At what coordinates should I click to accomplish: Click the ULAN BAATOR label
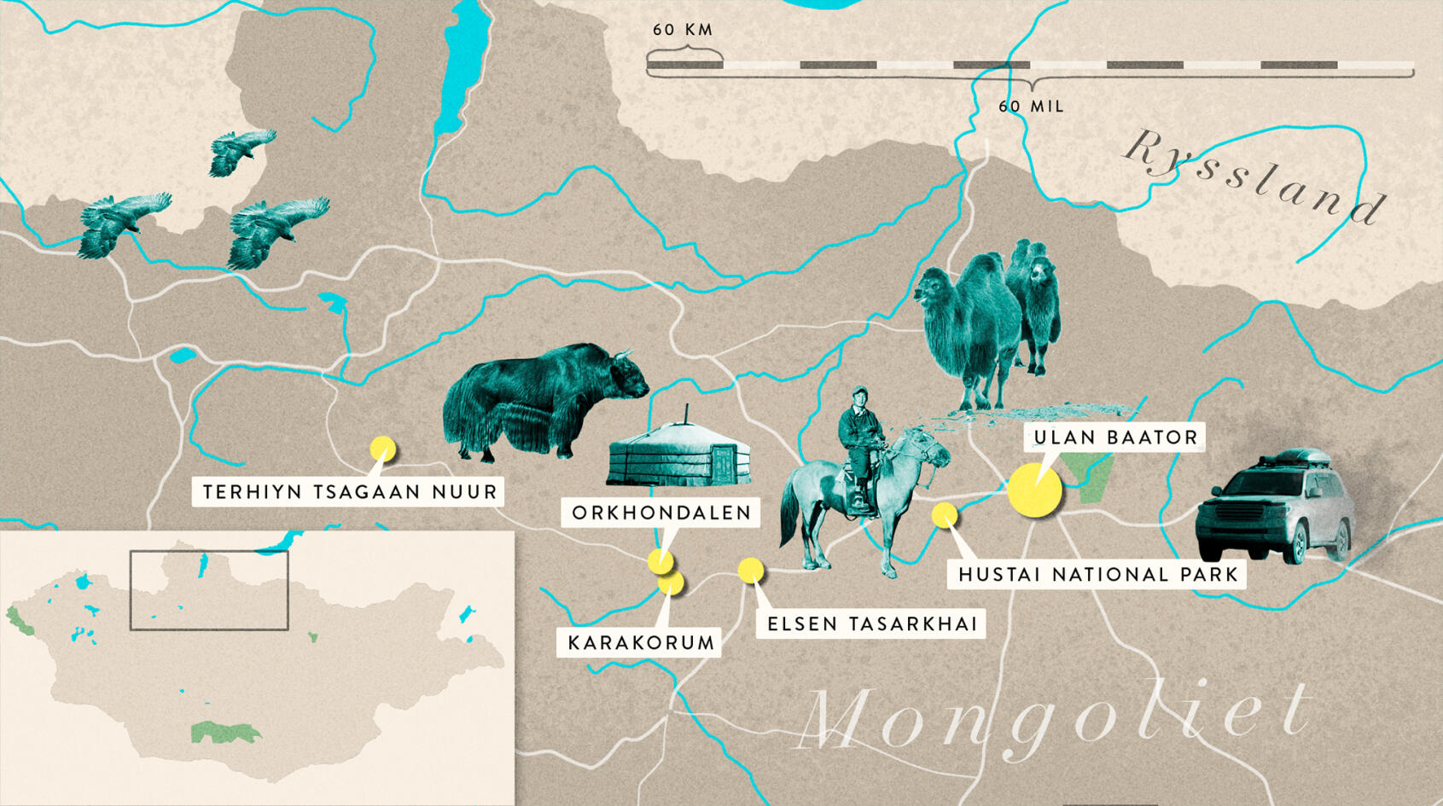[x=1114, y=438]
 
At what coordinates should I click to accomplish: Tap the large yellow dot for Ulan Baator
[x=1034, y=490]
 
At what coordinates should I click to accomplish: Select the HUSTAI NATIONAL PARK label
[x=1097, y=575]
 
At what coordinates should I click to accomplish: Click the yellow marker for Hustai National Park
[x=944, y=514]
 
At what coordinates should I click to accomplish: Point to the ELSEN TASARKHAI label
[x=871, y=624]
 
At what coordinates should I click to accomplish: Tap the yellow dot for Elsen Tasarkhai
[x=750, y=570]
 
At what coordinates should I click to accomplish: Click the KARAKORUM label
[x=640, y=643]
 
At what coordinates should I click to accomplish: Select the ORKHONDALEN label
[x=661, y=513]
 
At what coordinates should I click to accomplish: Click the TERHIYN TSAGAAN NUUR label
[x=349, y=492]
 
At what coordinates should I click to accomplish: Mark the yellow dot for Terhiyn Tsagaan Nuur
[x=382, y=448]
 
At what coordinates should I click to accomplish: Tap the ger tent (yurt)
[x=679, y=453]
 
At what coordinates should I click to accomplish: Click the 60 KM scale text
[x=683, y=30]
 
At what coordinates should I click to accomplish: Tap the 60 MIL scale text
[x=1031, y=107]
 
